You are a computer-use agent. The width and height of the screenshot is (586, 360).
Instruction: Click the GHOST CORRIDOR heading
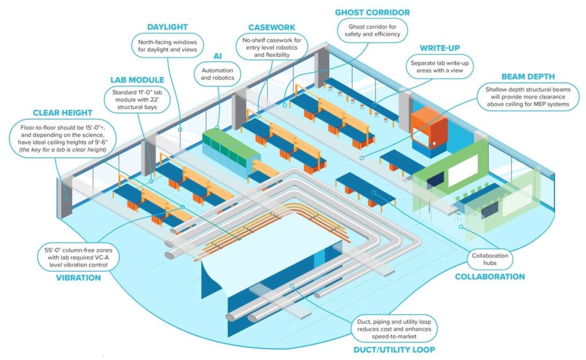pos(372,12)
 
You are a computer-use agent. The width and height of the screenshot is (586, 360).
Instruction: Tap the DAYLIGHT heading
pos(167,27)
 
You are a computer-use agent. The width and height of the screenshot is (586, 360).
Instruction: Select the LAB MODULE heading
pos(137,80)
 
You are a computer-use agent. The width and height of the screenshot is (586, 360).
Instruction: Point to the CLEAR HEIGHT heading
pos(63,113)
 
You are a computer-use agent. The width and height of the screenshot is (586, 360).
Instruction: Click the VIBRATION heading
pos(78,278)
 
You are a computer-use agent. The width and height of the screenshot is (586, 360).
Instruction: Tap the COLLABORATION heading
pos(489,276)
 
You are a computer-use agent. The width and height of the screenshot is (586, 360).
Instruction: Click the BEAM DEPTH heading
pos(528,76)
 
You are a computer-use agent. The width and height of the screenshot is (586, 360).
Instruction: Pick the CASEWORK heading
pos(272,27)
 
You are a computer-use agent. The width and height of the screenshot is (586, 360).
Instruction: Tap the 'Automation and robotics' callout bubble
pos(218,73)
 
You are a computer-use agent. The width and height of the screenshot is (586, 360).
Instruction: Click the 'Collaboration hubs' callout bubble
pos(489,259)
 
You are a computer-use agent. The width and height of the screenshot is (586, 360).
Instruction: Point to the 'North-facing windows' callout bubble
pos(167,46)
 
